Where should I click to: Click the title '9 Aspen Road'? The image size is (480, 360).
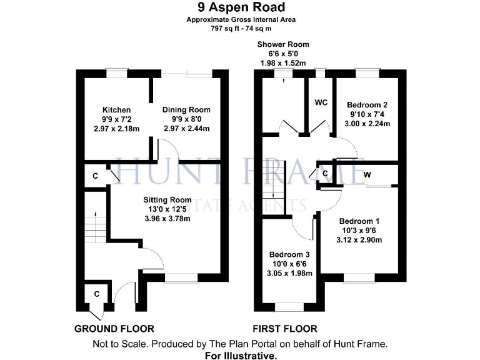(x=241, y=7)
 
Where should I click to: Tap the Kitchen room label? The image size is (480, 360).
(x=116, y=110)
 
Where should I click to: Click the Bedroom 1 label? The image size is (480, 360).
(x=359, y=221)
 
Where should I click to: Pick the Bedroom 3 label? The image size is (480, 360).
(x=289, y=254)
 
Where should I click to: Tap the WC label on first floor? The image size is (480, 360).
(x=321, y=102)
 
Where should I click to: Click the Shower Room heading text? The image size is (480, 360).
(x=283, y=44)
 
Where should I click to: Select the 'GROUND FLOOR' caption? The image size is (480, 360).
(x=114, y=328)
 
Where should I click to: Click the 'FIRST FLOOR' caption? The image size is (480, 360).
(x=284, y=328)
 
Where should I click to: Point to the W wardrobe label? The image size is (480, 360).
(x=367, y=176)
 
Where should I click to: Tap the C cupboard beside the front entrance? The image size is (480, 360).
(x=97, y=293)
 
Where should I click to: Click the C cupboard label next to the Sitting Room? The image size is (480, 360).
(x=96, y=176)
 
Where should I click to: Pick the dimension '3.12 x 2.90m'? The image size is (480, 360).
(x=359, y=240)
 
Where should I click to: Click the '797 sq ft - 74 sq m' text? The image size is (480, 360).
(x=241, y=28)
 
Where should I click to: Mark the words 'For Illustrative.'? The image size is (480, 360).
(x=241, y=354)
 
